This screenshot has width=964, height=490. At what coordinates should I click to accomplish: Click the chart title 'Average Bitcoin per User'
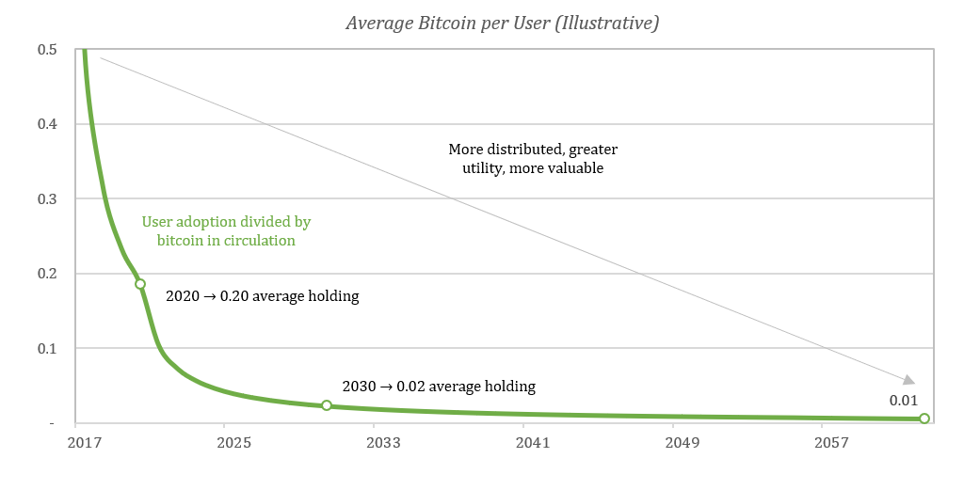502,24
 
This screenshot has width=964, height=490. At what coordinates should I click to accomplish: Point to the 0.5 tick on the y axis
47,49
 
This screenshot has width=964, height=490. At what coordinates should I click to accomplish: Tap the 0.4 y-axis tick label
47,124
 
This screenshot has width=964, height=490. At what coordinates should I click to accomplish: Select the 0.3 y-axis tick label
47,199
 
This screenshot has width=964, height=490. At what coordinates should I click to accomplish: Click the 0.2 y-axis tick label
47,274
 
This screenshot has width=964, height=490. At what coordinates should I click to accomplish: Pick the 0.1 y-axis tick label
47,349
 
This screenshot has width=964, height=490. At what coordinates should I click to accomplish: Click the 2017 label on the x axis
86,441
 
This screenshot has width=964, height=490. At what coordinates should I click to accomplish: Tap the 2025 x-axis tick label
233,441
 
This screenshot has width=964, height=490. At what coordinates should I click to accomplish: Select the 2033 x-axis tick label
381,441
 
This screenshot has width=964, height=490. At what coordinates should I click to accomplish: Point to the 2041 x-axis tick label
529,441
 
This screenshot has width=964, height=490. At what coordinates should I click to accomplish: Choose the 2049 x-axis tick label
677,441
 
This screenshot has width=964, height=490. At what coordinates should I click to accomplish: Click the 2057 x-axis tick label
825,441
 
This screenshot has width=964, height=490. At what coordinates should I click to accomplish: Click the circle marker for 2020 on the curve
140,283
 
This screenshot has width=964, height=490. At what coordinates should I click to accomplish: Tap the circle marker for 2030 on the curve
327,405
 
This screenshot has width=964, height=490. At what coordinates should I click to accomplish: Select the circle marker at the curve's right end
924,419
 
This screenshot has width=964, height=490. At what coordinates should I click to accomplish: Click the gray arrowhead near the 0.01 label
908,380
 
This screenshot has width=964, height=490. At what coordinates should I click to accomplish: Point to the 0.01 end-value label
903,401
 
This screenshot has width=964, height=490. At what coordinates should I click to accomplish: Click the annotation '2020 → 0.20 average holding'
263,296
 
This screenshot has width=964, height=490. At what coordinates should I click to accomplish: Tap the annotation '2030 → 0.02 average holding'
439,386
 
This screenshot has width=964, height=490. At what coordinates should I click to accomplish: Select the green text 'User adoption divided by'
226,223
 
